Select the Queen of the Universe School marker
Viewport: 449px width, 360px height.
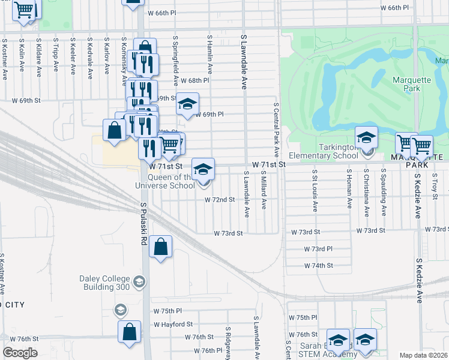pos(203,168)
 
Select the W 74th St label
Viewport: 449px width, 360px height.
pos(318,265)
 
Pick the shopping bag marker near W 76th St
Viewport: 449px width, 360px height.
pos(130,331)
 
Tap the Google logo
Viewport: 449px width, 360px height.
pos(20,353)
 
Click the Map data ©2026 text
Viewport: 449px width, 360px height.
pos(423,355)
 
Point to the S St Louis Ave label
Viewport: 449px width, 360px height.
pos(315,190)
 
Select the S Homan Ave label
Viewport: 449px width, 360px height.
pos(349,188)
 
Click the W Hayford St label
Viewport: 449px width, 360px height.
pos(172,324)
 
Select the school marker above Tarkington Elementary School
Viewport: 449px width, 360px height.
pos(366,137)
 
